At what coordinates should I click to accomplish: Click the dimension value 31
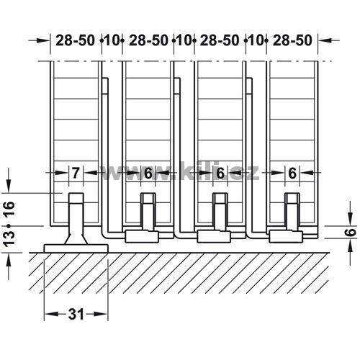point(76,314)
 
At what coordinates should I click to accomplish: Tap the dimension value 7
point(76,173)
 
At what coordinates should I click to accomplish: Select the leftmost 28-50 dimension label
point(75,40)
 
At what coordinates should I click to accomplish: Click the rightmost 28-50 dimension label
point(292,40)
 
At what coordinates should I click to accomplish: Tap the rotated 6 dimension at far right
point(351,233)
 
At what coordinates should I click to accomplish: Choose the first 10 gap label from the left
point(112,40)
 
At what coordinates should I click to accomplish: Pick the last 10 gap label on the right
point(256,40)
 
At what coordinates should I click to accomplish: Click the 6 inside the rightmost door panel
point(292,173)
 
